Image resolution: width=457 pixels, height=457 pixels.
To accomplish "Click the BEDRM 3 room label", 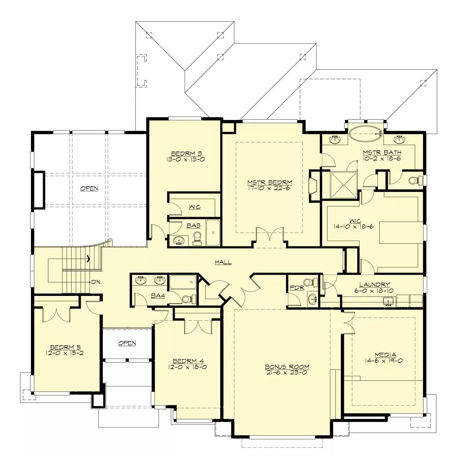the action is [x=186, y=153].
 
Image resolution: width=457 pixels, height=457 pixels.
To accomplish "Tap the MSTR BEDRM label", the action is [x=270, y=182].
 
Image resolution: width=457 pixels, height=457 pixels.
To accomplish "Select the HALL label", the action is [x=223, y=262].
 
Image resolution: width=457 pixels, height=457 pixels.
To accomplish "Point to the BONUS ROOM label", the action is [x=287, y=367].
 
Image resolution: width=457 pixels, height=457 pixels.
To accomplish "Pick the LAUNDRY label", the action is [x=375, y=284].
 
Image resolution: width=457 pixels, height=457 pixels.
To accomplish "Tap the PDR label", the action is [x=297, y=288].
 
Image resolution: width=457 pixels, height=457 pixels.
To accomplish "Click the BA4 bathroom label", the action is [x=158, y=296].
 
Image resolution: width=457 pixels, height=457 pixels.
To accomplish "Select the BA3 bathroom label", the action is [x=193, y=225].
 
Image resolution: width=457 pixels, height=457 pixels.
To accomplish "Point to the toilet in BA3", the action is [x=197, y=238].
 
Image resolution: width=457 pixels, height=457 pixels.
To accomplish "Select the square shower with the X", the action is [x=344, y=185].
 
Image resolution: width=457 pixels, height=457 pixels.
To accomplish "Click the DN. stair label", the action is [x=96, y=282].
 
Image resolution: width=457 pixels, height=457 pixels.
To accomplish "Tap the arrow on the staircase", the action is [x=88, y=259].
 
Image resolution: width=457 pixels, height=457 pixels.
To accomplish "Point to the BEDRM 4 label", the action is [x=188, y=361].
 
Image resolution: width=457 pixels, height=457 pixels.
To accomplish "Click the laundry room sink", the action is [x=388, y=301].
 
